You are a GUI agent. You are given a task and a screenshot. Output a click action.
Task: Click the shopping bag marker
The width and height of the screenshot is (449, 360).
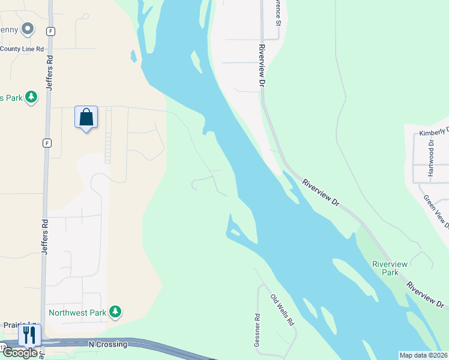(86, 117)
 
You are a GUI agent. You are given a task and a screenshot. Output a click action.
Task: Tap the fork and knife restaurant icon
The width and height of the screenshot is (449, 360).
(29, 334)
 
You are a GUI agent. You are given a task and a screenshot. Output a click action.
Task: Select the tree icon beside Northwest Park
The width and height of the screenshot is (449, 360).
(115, 312)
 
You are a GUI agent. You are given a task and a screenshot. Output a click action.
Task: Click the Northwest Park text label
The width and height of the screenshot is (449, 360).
(77, 313)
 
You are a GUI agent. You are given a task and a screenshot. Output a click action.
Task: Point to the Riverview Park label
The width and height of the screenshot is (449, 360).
(390, 268)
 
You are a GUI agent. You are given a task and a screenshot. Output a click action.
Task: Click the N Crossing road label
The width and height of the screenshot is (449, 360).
(108, 344)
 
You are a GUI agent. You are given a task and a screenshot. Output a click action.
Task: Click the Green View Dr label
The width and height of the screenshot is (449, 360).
(436, 211)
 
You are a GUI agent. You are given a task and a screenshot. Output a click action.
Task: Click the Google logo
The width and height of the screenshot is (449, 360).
(19, 353)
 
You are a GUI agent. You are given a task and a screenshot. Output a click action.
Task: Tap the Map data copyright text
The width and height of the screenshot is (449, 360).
(423, 355)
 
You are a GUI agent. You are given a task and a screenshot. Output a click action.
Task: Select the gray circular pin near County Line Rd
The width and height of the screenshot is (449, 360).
(27, 29)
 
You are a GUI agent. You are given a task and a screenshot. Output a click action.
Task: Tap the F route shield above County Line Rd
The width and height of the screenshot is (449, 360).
(51, 30)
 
